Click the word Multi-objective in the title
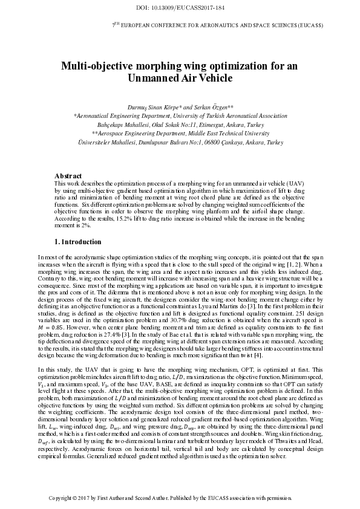pyautogui.click(x=96, y=66)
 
